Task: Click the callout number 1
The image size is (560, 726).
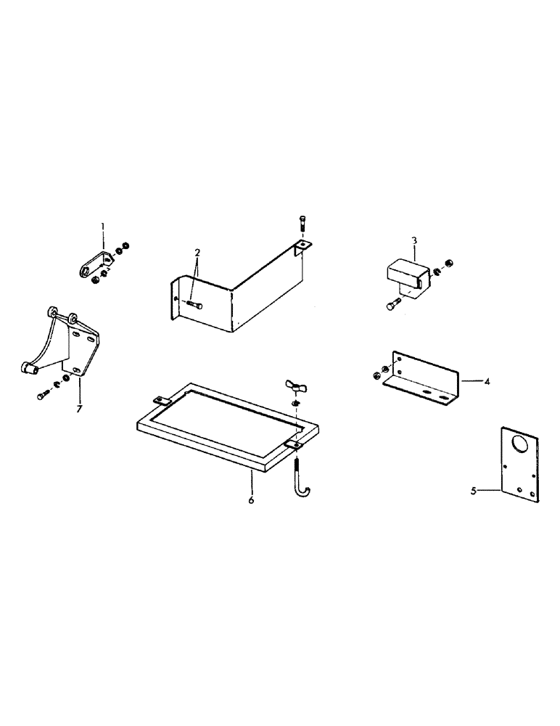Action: point(102,227)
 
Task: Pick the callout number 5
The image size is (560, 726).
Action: point(473,491)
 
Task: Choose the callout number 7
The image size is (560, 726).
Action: point(78,409)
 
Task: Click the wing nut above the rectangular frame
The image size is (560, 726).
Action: point(294,386)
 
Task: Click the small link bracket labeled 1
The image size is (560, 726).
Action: point(93,265)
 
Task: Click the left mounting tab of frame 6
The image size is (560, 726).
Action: point(160,400)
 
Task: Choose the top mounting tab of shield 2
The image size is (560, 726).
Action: point(302,245)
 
